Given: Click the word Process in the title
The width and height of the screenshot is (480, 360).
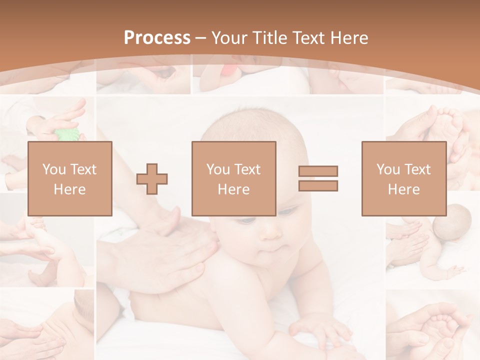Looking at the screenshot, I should click(157, 38).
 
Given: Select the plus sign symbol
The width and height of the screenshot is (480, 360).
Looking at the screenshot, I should click(152, 179).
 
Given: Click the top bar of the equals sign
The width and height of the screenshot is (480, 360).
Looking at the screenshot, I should click(318, 171).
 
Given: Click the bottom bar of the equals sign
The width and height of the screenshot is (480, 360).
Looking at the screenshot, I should click(318, 186).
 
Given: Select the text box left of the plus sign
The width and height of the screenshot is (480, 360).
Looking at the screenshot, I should click(69, 178).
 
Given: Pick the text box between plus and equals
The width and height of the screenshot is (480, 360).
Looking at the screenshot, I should click(233, 178).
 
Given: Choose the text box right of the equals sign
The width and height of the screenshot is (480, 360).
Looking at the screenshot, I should click(403, 178).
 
